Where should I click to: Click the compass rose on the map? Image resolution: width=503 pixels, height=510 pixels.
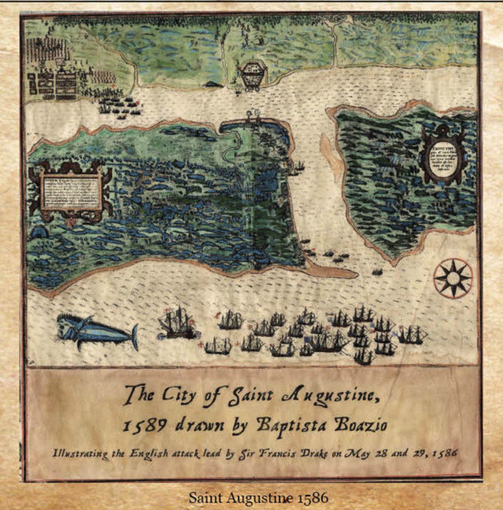[453, 278]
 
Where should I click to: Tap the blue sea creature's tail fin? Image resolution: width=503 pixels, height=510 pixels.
[134, 337]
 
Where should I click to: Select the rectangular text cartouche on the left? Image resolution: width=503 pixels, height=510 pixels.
[71, 192]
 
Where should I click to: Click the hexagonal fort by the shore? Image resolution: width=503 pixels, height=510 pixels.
[252, 75]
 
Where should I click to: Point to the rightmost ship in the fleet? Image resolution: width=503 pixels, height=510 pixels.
[412, 335]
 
